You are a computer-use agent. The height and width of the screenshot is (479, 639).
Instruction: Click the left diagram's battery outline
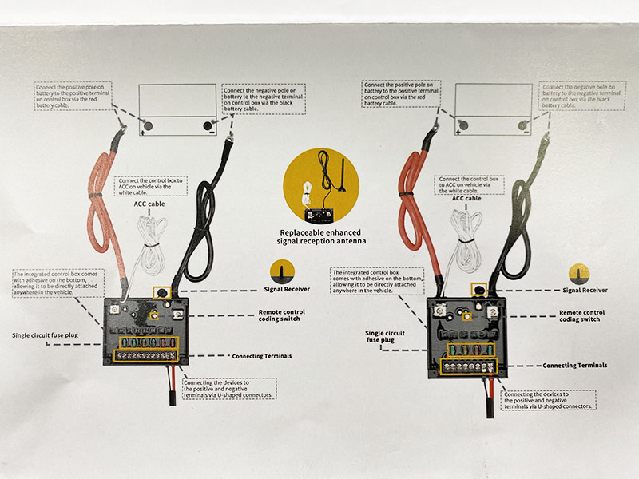tap(177, 109)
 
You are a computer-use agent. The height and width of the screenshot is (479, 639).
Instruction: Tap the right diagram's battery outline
tap(493, 109)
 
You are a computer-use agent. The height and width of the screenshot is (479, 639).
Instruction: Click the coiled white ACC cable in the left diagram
tap(148, 239)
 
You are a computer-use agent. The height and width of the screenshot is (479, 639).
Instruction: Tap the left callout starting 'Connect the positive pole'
tap(73, 94)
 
